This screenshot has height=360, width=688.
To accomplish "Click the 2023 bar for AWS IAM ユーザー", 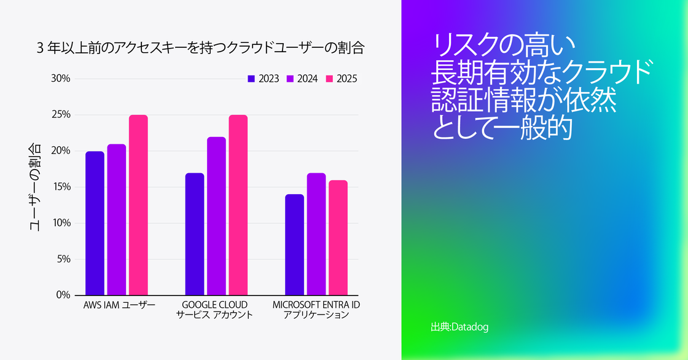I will tap(95, 222).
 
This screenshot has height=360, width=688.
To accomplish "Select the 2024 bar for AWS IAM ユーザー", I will tap(116, 219).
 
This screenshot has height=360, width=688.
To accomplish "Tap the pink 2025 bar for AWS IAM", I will tap(138, 205).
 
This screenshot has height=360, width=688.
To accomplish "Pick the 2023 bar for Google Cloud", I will tap(195, 233).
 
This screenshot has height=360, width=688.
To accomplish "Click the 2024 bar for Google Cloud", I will tap(216, 216).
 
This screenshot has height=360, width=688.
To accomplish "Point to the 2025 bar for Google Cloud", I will tap(238, 205).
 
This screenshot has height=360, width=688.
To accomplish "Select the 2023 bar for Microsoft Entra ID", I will tap(294, 245).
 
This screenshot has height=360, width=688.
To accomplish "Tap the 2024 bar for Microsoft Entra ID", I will tap(316, 233).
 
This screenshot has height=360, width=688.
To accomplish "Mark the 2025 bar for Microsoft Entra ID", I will tap(338, 237).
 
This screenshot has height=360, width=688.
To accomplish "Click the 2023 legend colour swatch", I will tap(251, 79).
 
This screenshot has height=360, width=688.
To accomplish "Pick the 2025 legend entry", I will tap(342, 79).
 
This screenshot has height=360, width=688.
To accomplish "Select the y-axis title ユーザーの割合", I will tap(36, 187).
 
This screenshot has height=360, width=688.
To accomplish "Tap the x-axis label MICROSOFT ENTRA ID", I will tap(316, 305).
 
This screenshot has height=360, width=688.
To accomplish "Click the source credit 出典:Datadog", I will tap(459, 327).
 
